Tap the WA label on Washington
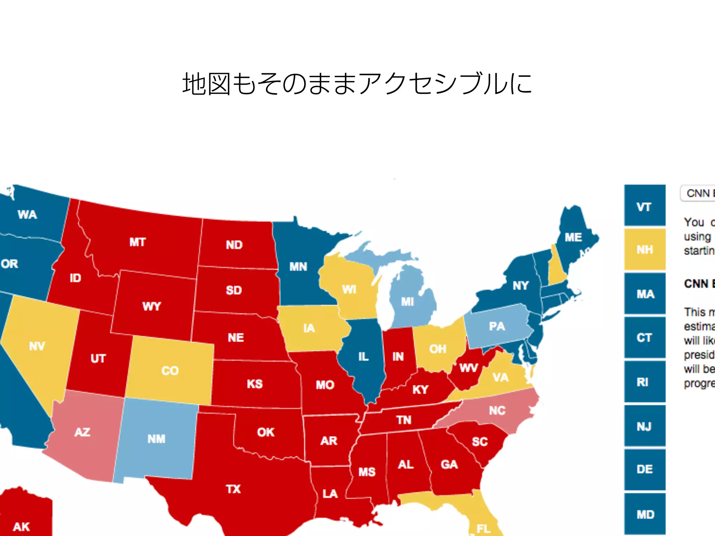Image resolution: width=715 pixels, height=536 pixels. (x=27, y=214)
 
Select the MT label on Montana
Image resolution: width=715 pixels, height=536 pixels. (x=137, y=242)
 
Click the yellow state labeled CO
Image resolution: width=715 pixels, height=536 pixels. (x=170, y=370)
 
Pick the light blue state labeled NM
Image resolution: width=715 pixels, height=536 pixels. (x=156, y=439)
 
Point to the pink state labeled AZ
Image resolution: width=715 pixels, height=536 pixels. (x=82, y=432)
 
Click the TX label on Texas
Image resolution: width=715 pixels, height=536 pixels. (x=233, y=489)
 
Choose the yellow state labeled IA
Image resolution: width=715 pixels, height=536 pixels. (x=309, y=328)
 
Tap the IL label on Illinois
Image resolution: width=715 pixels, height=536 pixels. (x=363, y=356)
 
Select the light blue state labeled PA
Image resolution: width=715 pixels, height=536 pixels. (x=497, y=326)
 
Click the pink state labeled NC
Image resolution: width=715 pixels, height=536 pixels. (x=497, y=410)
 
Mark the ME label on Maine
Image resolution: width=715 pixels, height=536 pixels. (x=573, y=237)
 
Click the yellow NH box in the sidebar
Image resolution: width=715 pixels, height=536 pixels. (x=644, y=250)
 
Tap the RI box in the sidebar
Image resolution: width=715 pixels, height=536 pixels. (x=644, y=382)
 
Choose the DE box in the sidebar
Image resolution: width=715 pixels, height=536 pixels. (x=644, y=469)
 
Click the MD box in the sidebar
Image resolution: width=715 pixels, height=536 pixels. (x=644, y=514)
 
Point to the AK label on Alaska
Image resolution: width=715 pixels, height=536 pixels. (x=21, y=527)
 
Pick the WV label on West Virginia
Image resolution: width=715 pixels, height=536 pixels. (x=468, y=368)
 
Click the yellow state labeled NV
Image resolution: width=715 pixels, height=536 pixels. (x=37, y=346)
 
